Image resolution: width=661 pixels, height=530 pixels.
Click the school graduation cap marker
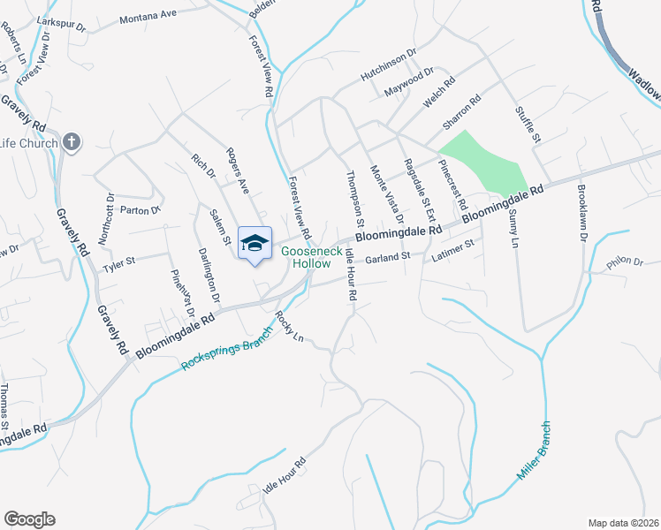point(255,244)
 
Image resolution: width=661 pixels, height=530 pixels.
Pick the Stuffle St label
point(528,125)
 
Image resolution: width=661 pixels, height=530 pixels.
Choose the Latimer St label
point(454,251)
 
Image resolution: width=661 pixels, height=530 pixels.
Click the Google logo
point(29,519)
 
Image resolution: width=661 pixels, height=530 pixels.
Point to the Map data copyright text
point(623,523)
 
